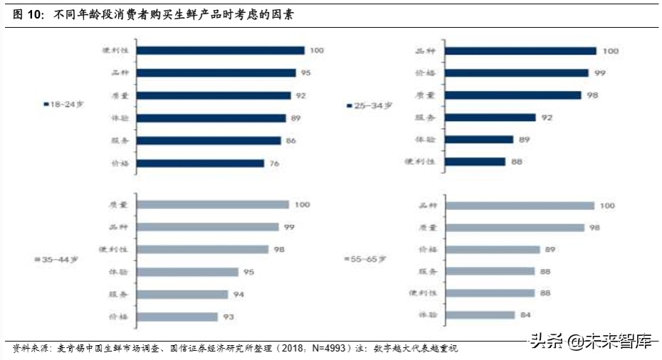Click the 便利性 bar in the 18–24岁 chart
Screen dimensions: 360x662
point(220,51)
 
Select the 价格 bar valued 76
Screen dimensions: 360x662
point(200,164)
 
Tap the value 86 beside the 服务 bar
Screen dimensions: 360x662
point(290,141)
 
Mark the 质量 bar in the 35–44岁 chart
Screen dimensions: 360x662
point(213,204)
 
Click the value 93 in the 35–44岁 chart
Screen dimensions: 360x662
point(229,317)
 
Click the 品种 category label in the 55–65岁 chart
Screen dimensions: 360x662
point(426,206)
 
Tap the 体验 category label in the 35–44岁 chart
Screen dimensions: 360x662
point(117,272)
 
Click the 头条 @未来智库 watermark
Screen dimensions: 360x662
point(591,343)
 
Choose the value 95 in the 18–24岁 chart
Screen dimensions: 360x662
point(305,73)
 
